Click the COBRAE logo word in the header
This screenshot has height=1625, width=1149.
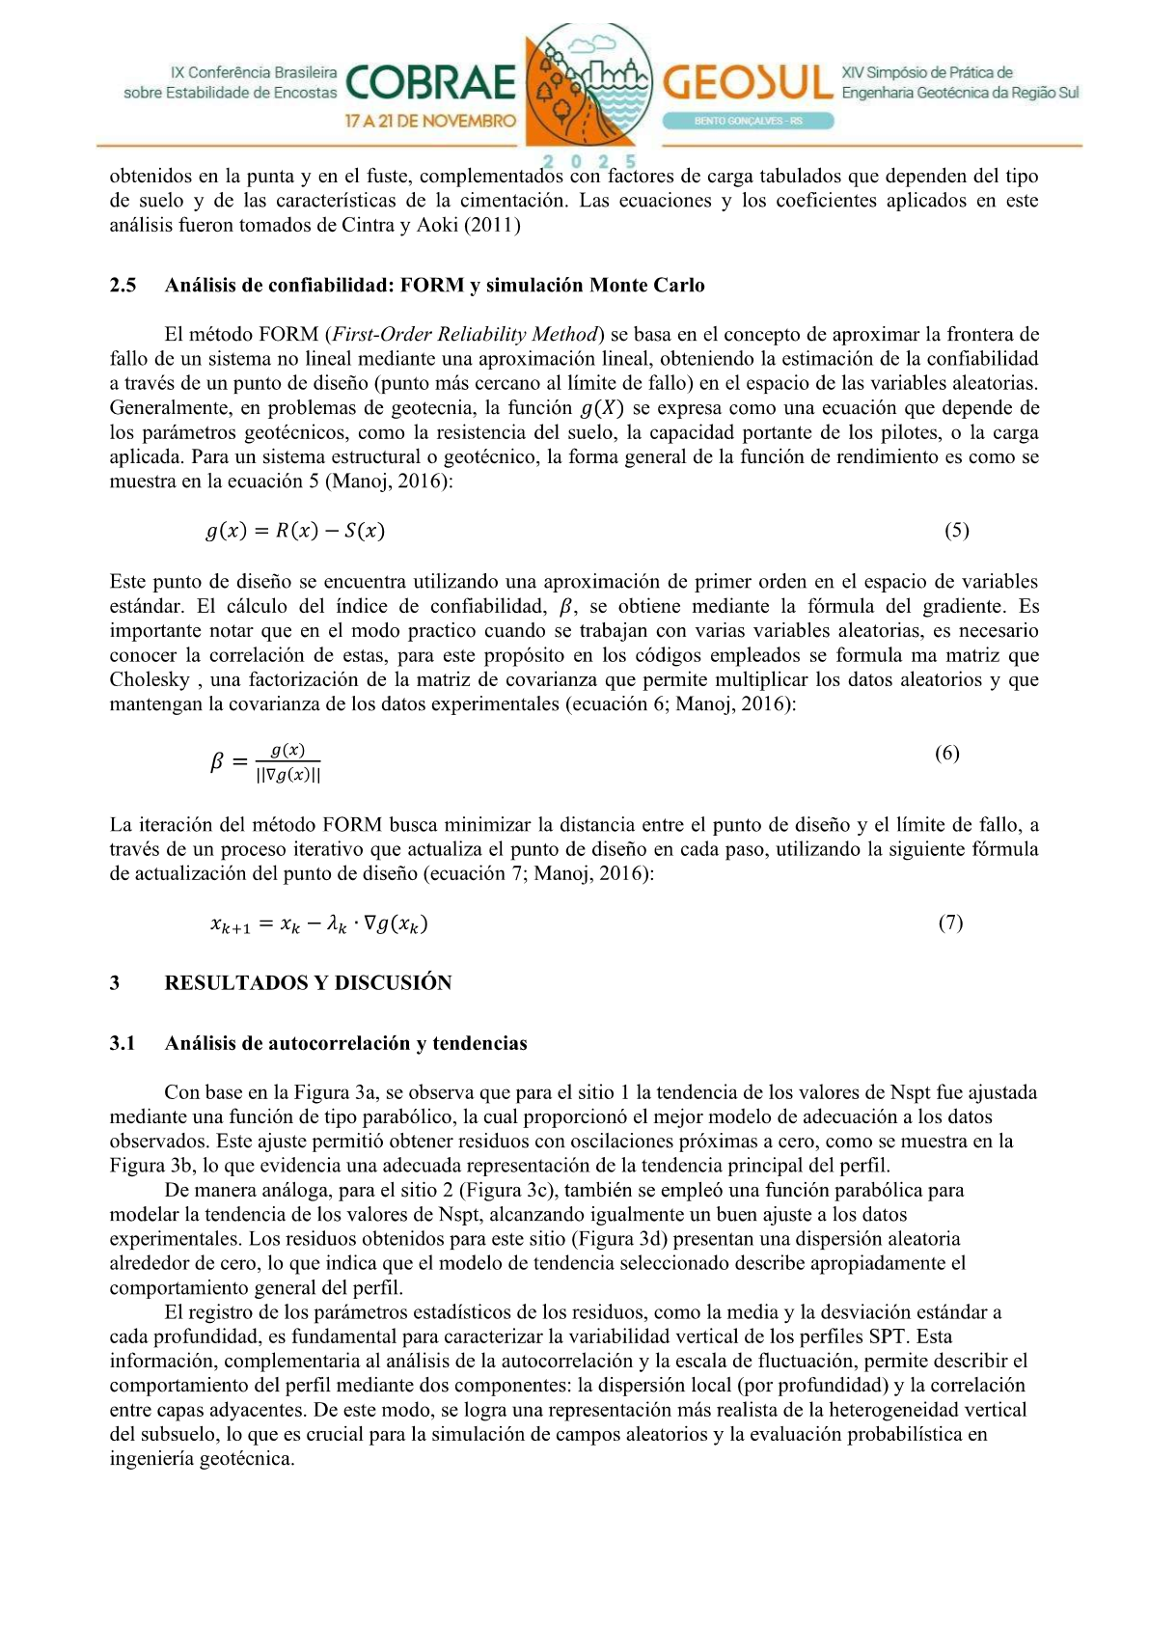[430, 84]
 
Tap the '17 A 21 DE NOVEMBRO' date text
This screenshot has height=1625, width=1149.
[430, 122]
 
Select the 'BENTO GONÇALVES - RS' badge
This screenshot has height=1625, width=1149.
[748, 121]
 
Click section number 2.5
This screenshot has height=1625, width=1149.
[123, 286]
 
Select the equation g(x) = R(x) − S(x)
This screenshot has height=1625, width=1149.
[295, 531]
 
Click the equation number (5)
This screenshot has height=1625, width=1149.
[956, 530]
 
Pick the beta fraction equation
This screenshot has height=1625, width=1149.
[265, 762]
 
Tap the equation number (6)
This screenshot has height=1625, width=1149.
[946, 754]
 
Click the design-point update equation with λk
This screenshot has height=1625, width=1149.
[319, 923]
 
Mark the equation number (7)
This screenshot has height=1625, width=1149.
[950, 923]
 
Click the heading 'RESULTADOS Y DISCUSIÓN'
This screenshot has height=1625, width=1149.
[308, 983]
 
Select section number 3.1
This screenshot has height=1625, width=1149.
[123, 1043]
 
